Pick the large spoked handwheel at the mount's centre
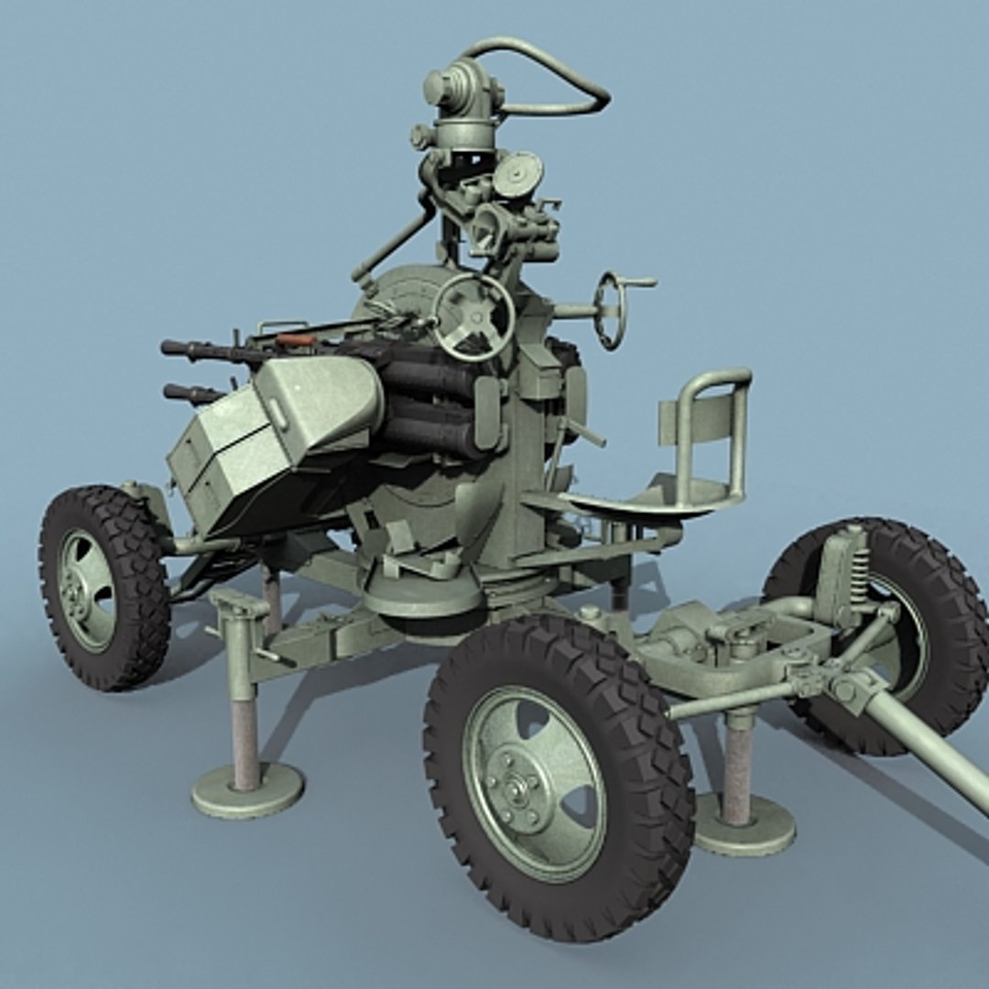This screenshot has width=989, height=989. [473, 317]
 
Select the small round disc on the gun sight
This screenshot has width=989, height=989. [518, 173]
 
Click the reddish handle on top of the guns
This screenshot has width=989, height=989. [296, 340]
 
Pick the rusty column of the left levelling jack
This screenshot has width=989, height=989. [245, 742]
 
